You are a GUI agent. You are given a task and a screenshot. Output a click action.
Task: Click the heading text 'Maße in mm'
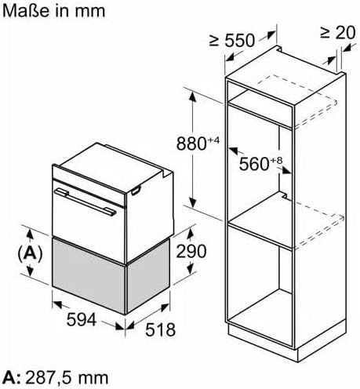click(53, 11)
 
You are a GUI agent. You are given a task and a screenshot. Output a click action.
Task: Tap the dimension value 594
click(82, 319)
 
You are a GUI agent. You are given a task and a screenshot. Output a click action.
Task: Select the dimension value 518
click(160, 329)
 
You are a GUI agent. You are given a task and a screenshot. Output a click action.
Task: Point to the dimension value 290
click(191, 252)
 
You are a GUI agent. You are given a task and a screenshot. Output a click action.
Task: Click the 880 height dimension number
click(192, 144)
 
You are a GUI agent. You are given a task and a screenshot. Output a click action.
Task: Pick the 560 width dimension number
click(254, 164)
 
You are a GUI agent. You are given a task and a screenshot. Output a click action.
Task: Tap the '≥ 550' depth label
click(232, 41)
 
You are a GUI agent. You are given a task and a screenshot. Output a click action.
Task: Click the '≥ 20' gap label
click(338, 33)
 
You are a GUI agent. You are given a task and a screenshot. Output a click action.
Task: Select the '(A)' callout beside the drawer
click(30, 253)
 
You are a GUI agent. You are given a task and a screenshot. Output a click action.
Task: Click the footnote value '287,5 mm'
click(67, 378)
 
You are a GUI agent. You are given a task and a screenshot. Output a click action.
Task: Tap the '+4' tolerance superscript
click(214, 140)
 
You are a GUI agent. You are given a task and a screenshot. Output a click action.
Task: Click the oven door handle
click(85, 202)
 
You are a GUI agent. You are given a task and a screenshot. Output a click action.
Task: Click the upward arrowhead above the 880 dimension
click(193, 97)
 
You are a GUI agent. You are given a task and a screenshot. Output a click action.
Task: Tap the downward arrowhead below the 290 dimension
click(191, 269)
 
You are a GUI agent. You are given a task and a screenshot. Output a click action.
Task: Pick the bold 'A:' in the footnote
click(13, 378)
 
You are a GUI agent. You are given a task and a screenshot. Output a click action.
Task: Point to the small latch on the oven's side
click(136, 191)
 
